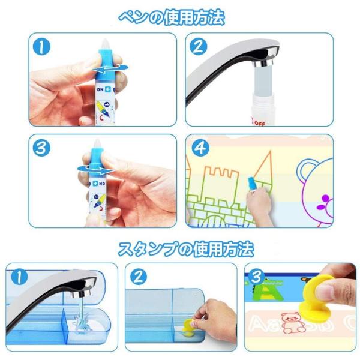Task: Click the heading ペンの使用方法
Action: (x=172, y=17)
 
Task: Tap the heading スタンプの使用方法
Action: (x=186, y=249)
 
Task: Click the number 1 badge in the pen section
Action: (x=41, y=47)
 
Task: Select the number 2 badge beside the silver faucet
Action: (x=199, y=47)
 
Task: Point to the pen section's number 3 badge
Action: (x=41, y=148)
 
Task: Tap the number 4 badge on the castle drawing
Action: (x=200, y=148)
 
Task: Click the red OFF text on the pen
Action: (x=259, y=123)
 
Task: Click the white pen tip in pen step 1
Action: (x=105, y=43)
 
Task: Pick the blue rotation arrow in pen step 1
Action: (x=110, y=68)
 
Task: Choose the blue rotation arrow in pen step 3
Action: (x=96, y=169)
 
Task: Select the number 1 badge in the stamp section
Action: (x=19, y=277)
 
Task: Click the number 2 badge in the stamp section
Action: (x=138, y=277)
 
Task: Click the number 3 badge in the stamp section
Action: (x=256, y=277)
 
